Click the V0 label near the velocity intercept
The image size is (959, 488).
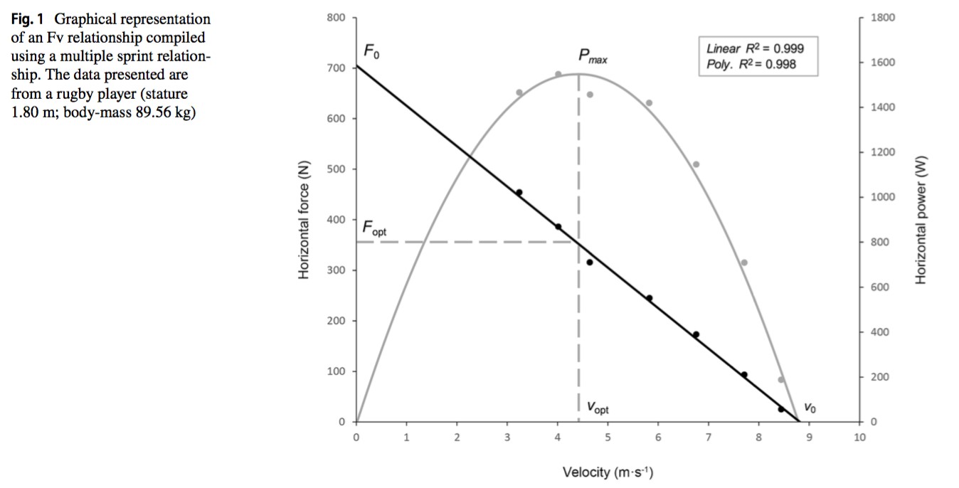810,408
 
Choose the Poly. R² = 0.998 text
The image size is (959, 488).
751,64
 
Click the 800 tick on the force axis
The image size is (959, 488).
336,17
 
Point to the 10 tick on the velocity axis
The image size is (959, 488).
859,437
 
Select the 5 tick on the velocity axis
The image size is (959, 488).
608,437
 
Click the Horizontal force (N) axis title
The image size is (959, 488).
304,221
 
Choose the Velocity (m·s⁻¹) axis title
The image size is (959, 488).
608,472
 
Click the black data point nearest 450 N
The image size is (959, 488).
519,193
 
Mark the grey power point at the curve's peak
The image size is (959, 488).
558,74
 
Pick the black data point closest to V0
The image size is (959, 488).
780,409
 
